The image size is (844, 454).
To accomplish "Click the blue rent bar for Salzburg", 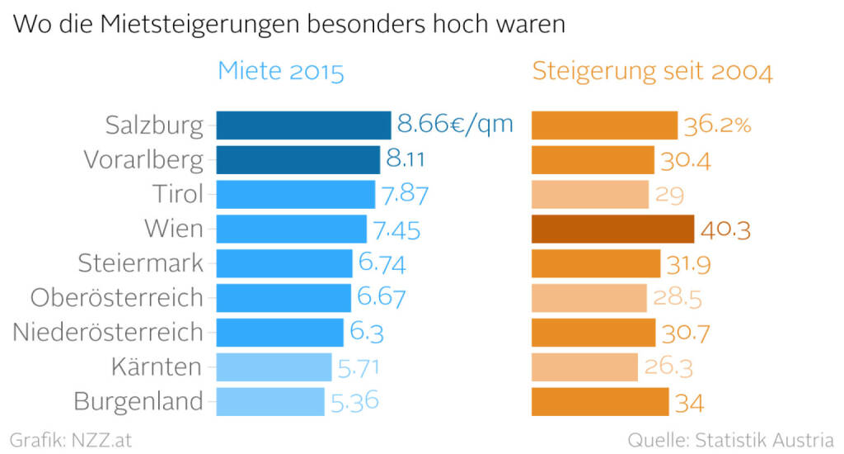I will point(303,125).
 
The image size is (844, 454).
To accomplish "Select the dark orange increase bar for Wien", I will point(612,229).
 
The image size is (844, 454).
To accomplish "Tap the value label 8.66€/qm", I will point(455,125).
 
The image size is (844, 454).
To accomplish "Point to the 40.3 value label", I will point(725,229).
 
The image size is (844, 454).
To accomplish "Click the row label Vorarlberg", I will point(143,160).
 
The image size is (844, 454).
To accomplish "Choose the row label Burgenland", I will point(138,402).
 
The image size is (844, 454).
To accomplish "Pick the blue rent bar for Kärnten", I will point(274,367).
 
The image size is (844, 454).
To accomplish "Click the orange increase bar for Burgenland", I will point(600,402).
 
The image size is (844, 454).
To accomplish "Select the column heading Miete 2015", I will point(280,72).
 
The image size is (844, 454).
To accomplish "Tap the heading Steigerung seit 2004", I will point(653,72).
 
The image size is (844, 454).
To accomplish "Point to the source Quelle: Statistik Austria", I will point(730,438).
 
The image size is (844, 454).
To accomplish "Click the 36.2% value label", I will point(717,125).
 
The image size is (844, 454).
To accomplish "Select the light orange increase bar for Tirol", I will point(590,195).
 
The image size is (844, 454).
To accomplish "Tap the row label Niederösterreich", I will point(108,333).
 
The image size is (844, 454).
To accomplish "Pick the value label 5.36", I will point(355,402).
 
